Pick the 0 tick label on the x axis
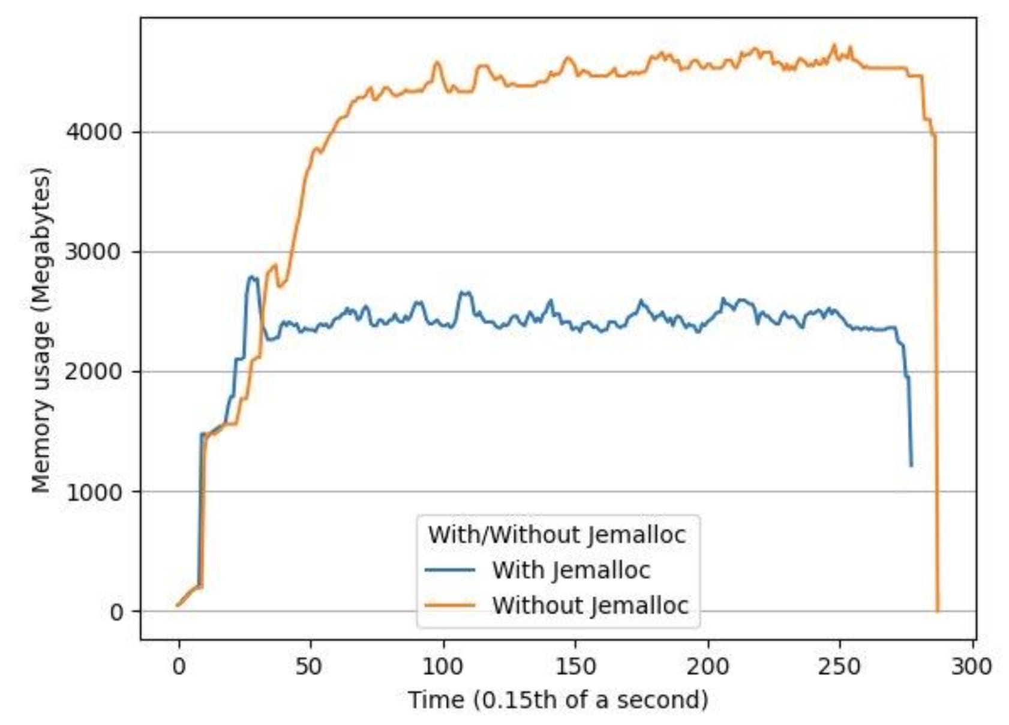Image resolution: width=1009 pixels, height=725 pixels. [178, 666]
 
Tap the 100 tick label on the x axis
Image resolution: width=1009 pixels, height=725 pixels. [443, 666]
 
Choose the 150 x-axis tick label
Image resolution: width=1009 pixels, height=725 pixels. [575, 666]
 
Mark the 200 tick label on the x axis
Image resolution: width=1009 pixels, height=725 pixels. [708, 666]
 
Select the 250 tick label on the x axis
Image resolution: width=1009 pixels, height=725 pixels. [840, 666]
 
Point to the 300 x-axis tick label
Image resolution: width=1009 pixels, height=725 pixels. [972, 666]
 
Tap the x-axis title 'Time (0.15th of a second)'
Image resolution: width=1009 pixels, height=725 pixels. [558, 700]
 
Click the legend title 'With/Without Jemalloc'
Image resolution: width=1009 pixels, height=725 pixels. [557, 534]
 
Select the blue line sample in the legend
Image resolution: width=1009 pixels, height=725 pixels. [450, 570]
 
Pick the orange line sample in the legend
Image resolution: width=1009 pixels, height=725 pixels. [450, 605]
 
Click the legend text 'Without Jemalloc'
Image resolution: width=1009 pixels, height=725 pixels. [590, 605]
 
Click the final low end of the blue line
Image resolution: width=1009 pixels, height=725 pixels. [911, 465]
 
